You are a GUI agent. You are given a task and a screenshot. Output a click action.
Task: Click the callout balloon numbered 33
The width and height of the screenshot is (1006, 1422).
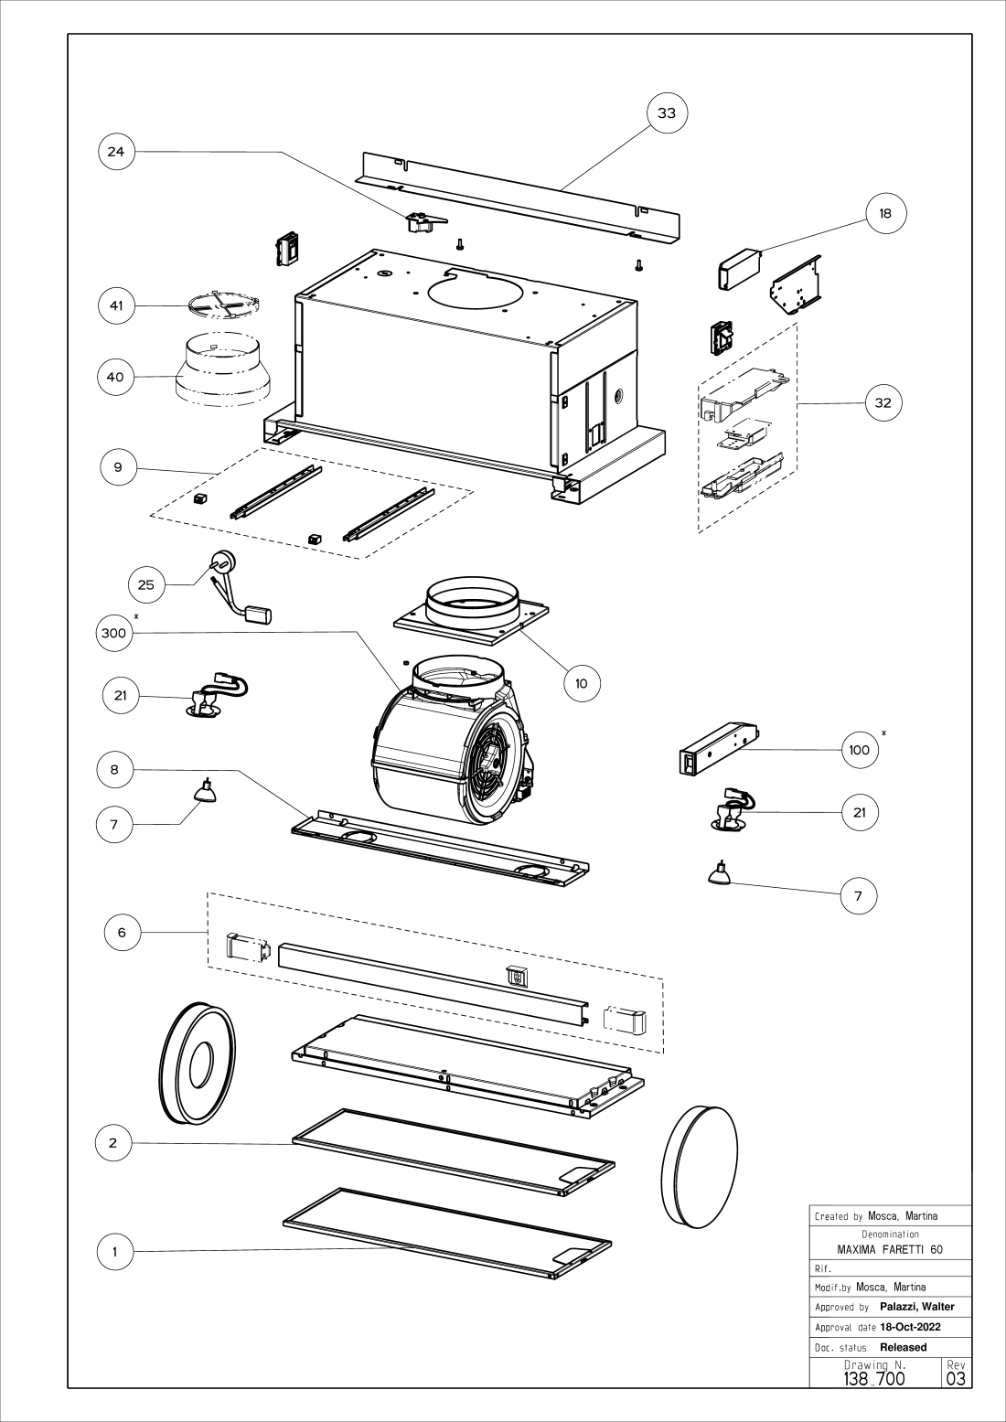tap(667, 113)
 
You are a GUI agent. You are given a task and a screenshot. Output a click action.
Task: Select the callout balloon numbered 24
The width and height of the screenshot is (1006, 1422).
tap(116, 152)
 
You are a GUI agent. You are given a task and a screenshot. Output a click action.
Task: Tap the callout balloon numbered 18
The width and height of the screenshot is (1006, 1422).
tap(884, 213)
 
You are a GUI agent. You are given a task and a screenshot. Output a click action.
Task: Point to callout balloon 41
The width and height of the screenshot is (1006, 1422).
tap(116, 305)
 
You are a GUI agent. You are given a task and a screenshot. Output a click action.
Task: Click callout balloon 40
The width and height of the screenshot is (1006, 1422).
tap(116, 377)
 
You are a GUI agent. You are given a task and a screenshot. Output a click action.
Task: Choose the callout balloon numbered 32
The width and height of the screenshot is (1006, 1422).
tap(883, 402)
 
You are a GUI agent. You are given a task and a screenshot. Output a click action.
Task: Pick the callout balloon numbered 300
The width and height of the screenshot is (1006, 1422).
tap(114, 637)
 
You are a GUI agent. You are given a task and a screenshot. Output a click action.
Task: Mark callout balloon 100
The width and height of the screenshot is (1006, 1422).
tap(859, 750)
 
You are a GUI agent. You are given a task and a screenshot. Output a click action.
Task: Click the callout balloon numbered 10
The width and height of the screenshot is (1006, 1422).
tap(582, 682)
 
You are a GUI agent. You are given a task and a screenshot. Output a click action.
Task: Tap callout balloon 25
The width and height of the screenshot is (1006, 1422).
tap(146, 584)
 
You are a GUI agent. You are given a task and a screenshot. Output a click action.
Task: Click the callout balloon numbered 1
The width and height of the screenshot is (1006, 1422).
tap(115, 1252)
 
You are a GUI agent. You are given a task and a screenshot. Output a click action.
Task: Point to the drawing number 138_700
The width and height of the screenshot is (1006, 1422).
tap(874, 1378)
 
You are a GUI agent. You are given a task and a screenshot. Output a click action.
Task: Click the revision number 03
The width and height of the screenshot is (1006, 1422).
tap(957, 1378)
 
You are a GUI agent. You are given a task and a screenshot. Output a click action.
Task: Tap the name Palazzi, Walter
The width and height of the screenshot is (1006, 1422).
tap(916, 1307)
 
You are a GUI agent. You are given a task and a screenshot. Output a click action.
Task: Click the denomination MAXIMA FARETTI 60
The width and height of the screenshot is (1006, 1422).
tap(890, 1249)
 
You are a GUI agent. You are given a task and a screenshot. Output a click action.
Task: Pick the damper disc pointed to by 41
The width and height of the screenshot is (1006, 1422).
tap(224, 306)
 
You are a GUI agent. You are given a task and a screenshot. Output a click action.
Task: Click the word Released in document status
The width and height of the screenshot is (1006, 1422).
tap(903, 1347)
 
